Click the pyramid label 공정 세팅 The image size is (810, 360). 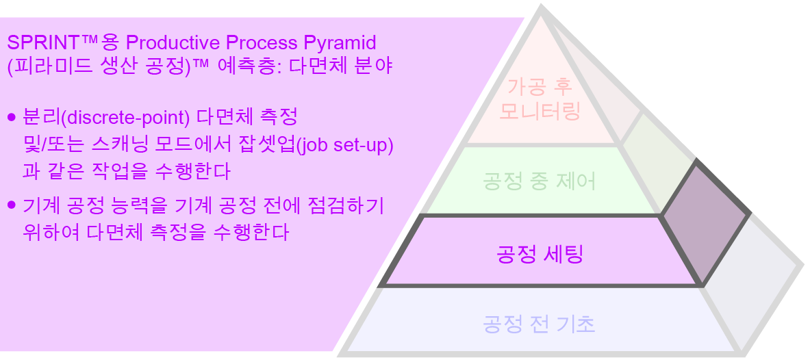(x=540, y=255)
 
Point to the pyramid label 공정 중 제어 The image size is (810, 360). (x=540, y=181)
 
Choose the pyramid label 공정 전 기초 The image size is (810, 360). (x=539, y=323)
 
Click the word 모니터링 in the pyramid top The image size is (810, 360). (x=540, y=110)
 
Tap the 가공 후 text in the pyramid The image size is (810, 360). (x=540, y=87)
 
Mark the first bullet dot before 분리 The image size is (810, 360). (x=11, y=118)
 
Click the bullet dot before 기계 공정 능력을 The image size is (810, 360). (x=11, y=205)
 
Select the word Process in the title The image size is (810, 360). (x=266, y=42)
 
